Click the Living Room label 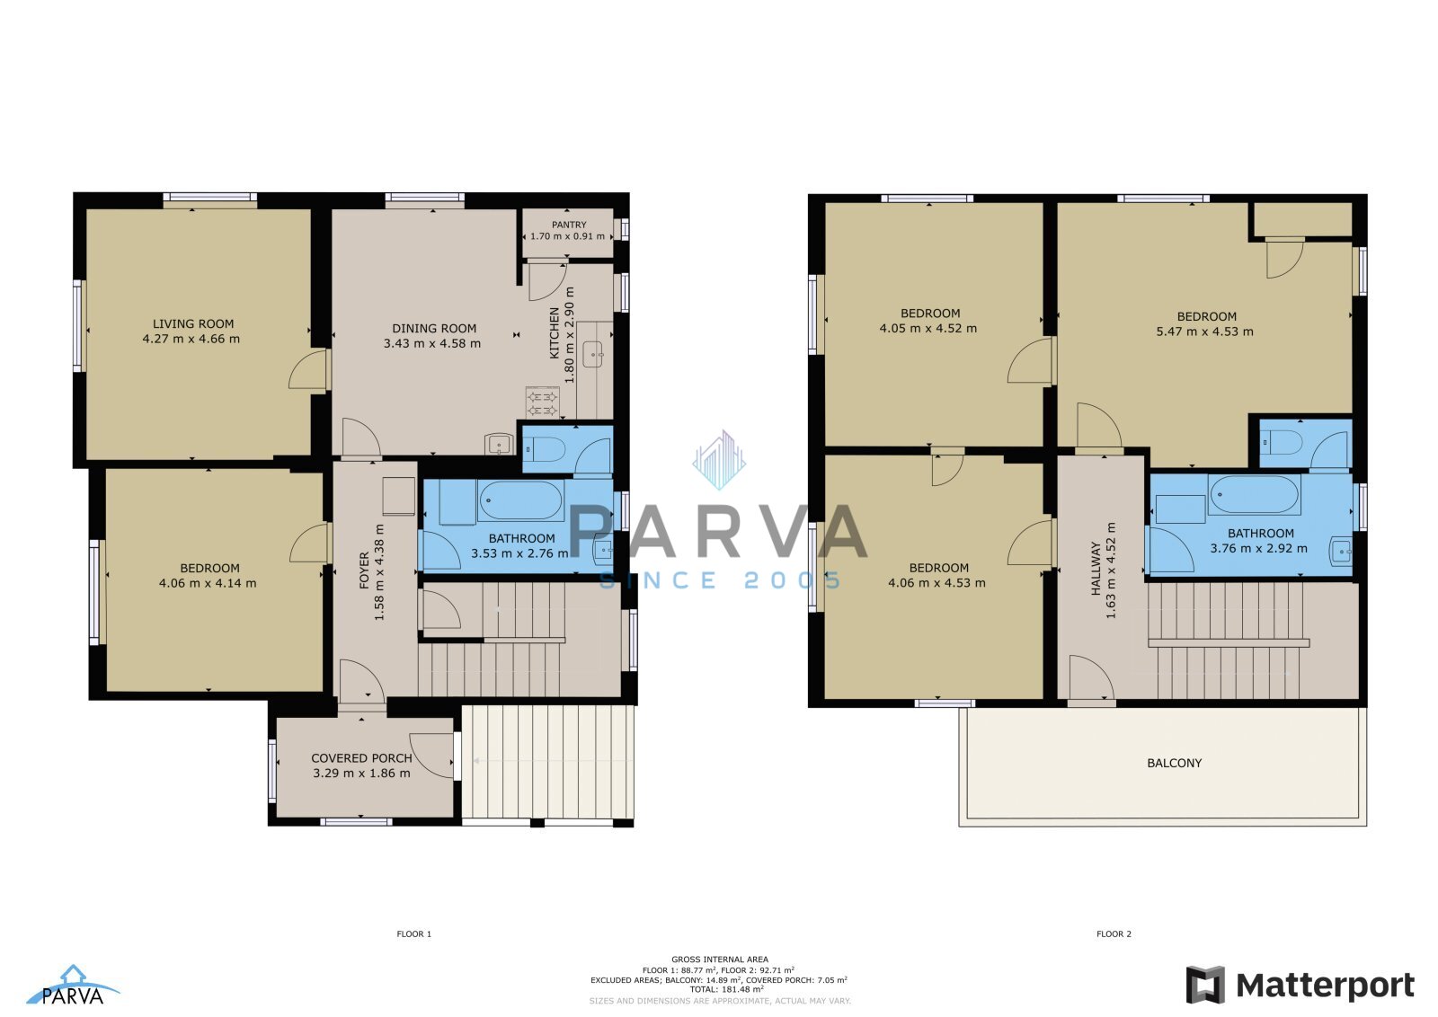(193, 324)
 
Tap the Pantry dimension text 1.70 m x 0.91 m (567, 236)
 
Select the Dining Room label (434, 329)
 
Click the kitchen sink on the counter (592, 355)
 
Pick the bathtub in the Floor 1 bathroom (520, 500)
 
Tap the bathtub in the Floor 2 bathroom (1254, 494)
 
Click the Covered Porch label (361, 758)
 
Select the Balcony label (1174, 763)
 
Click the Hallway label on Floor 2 (1096, 569)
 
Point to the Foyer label (364, 570)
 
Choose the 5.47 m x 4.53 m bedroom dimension (1205, 332)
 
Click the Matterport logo (1300, 985)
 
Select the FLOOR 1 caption (414, 934)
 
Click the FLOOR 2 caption (1114, 934)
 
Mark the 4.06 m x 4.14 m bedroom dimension (208, 583)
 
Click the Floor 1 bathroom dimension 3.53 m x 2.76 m (520, 553)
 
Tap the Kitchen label (555, 333)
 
